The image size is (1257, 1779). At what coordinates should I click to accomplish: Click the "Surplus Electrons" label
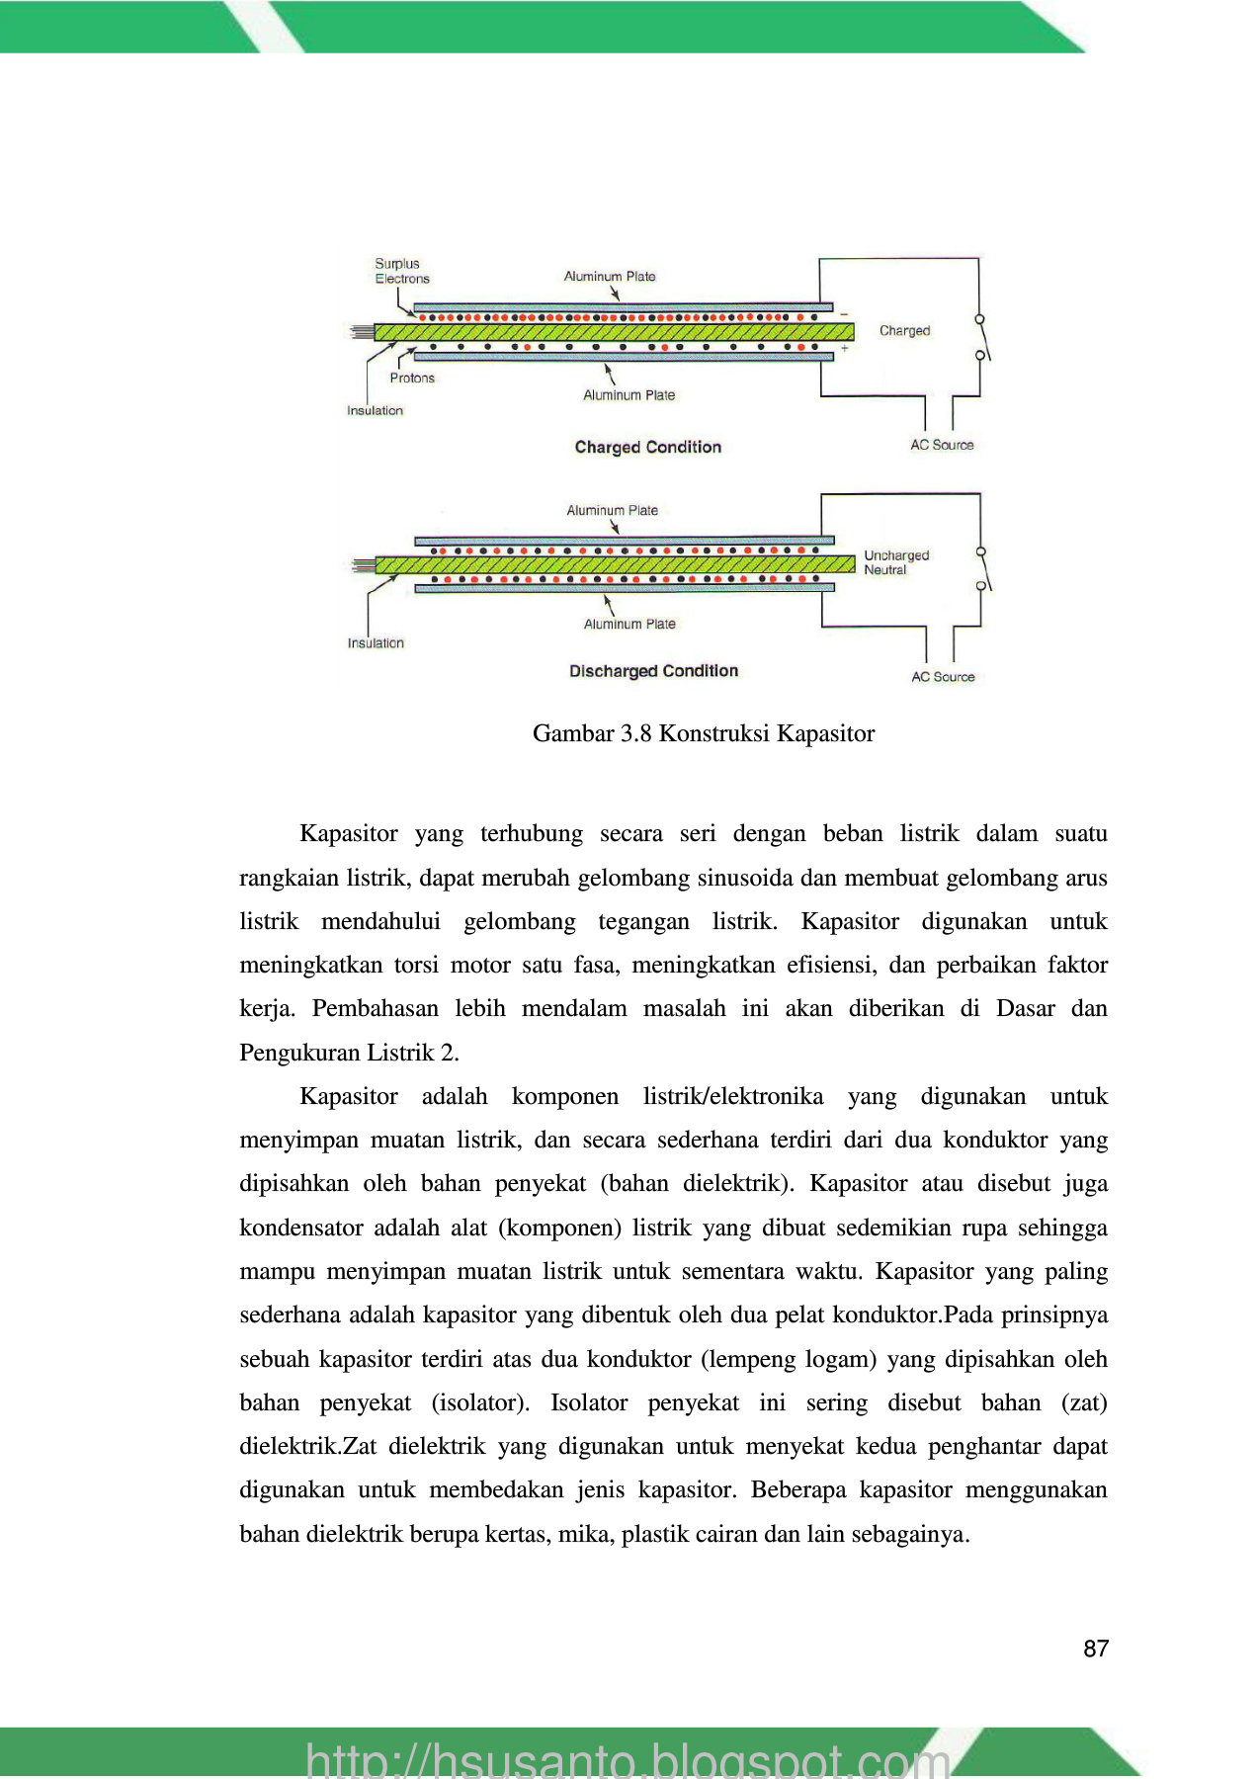pyautogui.click(x=401, y=271)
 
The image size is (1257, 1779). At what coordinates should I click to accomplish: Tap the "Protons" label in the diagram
pyautogui.click(x=412, y=378)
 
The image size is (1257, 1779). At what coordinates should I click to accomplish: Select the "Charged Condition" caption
pyautogui.click(x=648, y=447)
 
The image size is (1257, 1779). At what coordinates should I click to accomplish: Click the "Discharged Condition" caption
pyautogui.click(x=653, y=671)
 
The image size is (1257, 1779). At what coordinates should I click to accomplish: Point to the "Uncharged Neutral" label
pyautogui.click(x=896, y=562)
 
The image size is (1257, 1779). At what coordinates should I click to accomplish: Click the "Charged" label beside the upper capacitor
pyautogui.click(x=904, y=331)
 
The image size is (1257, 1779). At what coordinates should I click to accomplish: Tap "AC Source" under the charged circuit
pyautogui.click(x=942, y=445)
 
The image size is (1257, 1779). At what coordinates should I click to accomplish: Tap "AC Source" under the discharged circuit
pyautogui.click(x=943, y=677)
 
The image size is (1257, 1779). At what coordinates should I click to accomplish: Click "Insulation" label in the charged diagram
pyautogui.click(x=375, y=410)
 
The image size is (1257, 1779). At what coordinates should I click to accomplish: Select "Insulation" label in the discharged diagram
pyautogui.click(x=376, y=642)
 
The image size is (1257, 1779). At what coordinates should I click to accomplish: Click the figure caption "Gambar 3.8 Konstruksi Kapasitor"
pyautogui.click(x=703, y=733)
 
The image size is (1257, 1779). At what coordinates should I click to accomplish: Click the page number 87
pyautogui.click(x=1095, y=1649)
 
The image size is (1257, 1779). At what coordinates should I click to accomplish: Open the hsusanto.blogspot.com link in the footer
pyautogui.click(x=628, y=1760)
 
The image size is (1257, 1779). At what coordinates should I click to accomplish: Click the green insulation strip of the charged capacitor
pyautogui.click(x=613, y=332)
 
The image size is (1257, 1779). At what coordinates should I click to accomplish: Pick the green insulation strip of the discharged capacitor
pyautogui.click(x=613, y=564)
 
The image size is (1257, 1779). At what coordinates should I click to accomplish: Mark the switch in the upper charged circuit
pyautogui.click(x=982, y=338)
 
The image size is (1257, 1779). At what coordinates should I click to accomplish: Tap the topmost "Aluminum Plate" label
pyautogui.click(x=610, y=277)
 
